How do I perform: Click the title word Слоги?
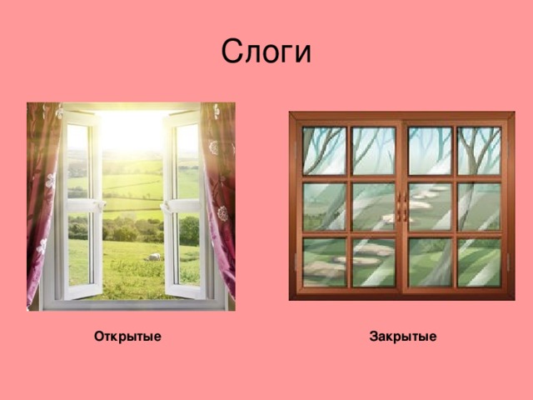tap(266, 52)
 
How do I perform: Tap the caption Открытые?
tap(127, 337)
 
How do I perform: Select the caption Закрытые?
tap(402, 337)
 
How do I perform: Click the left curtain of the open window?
tap(40, 200)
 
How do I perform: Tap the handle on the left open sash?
tap(97, 205)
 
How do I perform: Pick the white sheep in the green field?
tap(154, 257)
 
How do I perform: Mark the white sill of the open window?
tap(133, 304)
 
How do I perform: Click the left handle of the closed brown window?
tap(398, 207)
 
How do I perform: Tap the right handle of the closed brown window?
tap(406, 207)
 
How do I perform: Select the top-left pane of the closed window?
tap(324, 151)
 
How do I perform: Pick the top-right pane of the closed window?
tap(479, 151)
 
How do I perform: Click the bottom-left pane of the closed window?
tap(324, 262)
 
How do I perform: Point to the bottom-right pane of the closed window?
tap(479, 262)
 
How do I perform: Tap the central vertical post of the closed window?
tap(402, 250)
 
